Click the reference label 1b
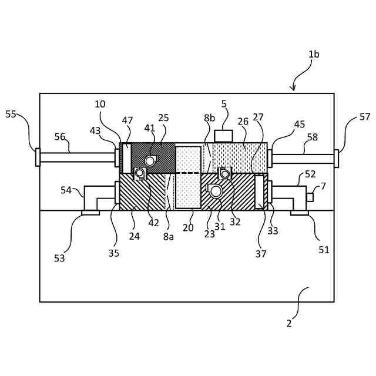[314, 54]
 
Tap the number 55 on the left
[11, 114]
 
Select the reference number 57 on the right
[365, 117]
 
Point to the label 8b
[210, 118]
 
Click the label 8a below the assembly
[169, 236]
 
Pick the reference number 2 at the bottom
[289, 323]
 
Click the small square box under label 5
[223, 136]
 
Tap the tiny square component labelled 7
[310, 197]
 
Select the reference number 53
[59, 258]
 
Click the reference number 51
[324, 250]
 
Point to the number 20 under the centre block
[188, 228]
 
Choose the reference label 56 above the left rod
[60, 137]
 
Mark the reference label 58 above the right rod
[312, 137]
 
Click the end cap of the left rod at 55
[38, 157]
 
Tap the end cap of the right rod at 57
[337, 158]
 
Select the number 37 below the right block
[261, 254]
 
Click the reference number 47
[127, 120]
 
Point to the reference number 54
[66, 190]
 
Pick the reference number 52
[310, 174]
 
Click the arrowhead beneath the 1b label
[293, 89]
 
